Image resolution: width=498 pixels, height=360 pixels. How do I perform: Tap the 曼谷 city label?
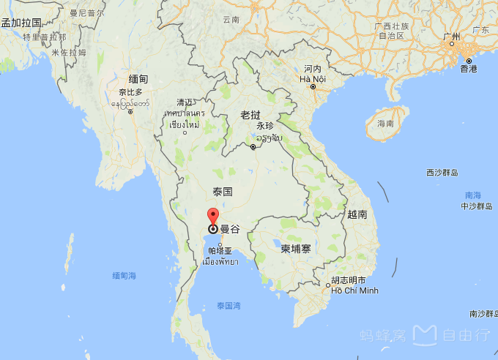[x=230, y=229]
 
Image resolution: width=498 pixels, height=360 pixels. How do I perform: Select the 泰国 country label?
[x=223, y=192]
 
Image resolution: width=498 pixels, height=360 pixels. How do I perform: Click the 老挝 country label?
[x=250, y=115]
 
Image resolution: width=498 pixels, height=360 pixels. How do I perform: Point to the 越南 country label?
[x=357, y=214]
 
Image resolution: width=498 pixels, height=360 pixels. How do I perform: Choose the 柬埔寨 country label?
[x=296, y=249]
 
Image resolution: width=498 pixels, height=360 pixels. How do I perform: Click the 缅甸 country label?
[x=138, y=79]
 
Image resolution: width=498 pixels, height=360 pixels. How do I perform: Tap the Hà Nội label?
[x=313, y=78]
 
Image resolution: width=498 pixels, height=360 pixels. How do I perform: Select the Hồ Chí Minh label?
[x=354, y=290]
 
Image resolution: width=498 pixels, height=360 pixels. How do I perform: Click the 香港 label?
[x=469, y=69]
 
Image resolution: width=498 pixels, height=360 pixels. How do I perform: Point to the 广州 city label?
[x=452, y=37]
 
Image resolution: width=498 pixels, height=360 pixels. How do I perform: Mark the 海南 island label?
[x=385, y=124]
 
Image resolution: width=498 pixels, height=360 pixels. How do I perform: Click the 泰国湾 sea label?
[x=229, y=305]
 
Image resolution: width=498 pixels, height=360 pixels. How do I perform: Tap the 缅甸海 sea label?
[x=124, y=275]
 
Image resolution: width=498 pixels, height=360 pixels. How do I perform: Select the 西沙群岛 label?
[x=442, y=173]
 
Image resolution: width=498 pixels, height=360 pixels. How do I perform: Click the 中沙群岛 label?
[x=479, y=206]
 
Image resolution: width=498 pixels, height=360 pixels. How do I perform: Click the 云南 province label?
[x=231, y=20]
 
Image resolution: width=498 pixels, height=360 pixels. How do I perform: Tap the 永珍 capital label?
[x=264, y=126]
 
